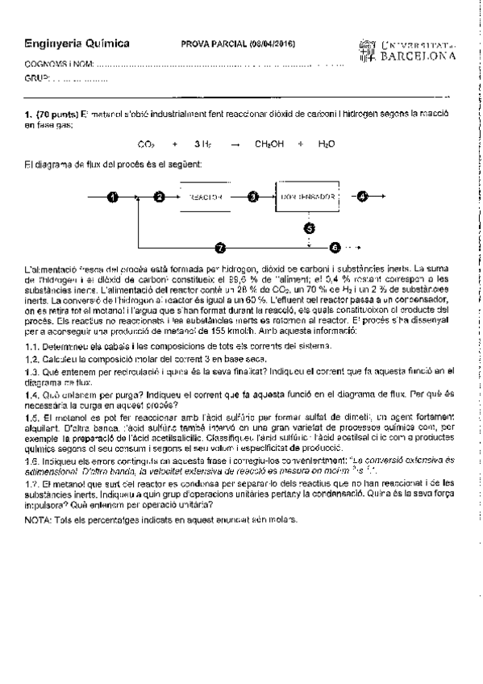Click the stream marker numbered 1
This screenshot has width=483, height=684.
(x=113, y=197)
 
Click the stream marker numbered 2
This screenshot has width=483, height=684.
(x=159, y=197)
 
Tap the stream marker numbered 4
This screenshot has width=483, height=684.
(x=362, y=196)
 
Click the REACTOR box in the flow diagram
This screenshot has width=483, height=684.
(x=206, y=197)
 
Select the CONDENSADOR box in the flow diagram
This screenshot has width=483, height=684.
(x=307, y=197)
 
